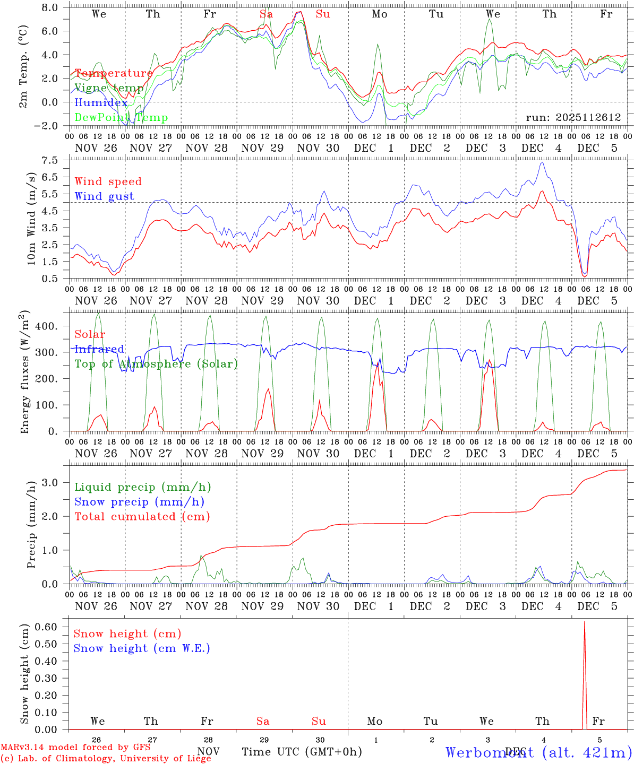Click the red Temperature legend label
(113, 73)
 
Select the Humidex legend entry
(101, 103)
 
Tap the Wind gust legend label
(104, 196)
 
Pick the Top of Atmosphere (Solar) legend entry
(156, 364)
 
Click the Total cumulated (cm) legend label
(142, 516)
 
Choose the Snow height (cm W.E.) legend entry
(141, 648)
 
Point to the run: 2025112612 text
(573, 118)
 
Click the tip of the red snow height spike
(585, 621)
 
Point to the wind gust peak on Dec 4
(542, 162)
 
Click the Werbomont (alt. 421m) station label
(538, 752)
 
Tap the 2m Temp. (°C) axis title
(23, 66)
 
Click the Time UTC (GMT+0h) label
(302, 751)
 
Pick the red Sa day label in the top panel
(266, 14)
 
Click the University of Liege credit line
(106, 758)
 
